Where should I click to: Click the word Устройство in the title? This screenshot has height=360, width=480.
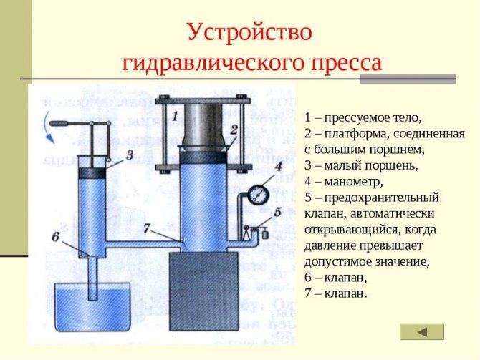click(x=249, y=32)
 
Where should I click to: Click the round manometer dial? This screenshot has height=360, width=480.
click(x=258, y=194)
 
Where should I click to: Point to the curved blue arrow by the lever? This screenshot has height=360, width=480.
click(x=48, y=128)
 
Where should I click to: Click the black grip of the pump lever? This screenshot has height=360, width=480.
click(x=59, y=124)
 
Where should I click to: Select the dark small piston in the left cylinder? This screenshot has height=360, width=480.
click(x=92, y=173)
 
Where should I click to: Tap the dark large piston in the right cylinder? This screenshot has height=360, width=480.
click(x=203, y=158)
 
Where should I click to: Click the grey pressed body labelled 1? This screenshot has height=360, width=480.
click(x=204, y=127)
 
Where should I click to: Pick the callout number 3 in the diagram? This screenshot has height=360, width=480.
click(x=130, y=155)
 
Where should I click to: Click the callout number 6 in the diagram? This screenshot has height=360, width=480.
click(x=55, y=236)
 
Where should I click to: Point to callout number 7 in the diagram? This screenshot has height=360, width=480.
click(x=147, y=228)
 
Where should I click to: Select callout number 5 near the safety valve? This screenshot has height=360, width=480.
click(x=278, y=212)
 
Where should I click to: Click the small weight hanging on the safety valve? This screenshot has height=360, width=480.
click(x=265, y=235)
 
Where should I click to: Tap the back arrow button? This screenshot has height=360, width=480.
click(x=422, y=332)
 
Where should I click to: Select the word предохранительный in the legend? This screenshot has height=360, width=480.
click(x=382, y=198)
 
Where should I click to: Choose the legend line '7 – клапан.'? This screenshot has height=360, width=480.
click(x=335, y=293)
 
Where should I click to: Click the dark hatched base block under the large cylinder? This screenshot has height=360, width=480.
click(x=204, y=291)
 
